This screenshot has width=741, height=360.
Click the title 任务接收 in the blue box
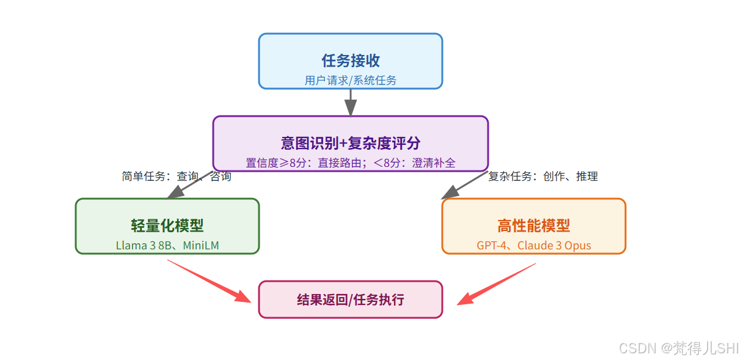pos(351,61)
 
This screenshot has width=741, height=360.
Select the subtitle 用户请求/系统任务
pos(351,80)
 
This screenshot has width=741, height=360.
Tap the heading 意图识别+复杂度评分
pos(351,143)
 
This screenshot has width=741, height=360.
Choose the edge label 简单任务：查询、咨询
pos(177,177)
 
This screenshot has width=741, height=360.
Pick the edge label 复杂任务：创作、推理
pos(542,177)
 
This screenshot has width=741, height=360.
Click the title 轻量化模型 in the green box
pos(167,226)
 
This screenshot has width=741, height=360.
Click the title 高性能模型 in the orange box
pos(533,226)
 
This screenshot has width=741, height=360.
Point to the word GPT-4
pos(492,246)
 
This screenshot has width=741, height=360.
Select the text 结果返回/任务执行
pos(351,299)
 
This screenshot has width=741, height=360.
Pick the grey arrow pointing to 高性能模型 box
pos(464,186)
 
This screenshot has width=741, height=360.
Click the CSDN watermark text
pos(678,348)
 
